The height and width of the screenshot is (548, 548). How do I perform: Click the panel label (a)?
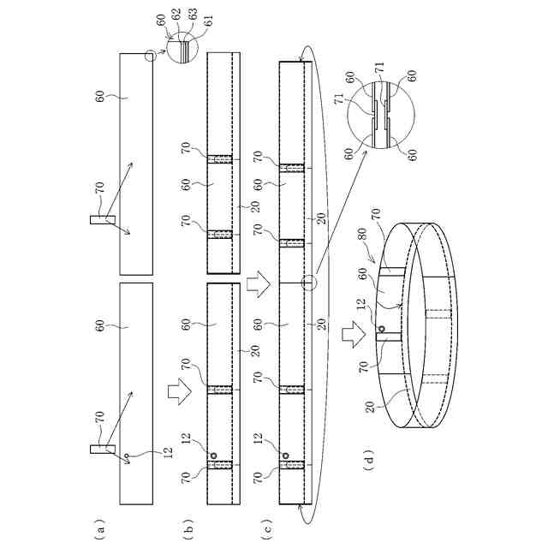coord(101,531)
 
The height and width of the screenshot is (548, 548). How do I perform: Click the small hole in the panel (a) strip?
coord(125,456)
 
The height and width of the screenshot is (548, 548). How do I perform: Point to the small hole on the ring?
coord(381,329)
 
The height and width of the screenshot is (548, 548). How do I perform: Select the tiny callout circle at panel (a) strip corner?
coord(151,57)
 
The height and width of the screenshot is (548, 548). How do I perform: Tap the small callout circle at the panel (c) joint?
coord(310,283)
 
